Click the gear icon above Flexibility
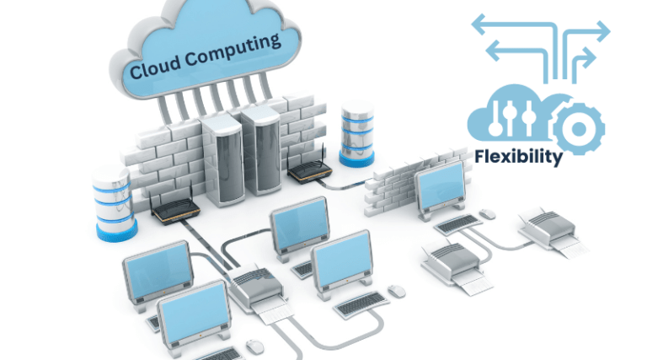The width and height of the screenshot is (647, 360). tap(578, 127)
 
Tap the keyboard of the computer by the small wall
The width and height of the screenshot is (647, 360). tap(458, 223)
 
